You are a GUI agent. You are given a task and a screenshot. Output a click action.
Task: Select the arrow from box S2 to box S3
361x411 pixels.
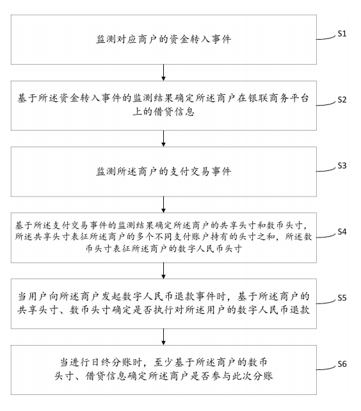pos(164,138)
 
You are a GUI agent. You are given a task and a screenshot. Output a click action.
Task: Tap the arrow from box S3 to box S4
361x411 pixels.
pos(164,204)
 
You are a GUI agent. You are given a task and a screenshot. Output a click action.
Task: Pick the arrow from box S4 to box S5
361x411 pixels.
pos(164,270)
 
